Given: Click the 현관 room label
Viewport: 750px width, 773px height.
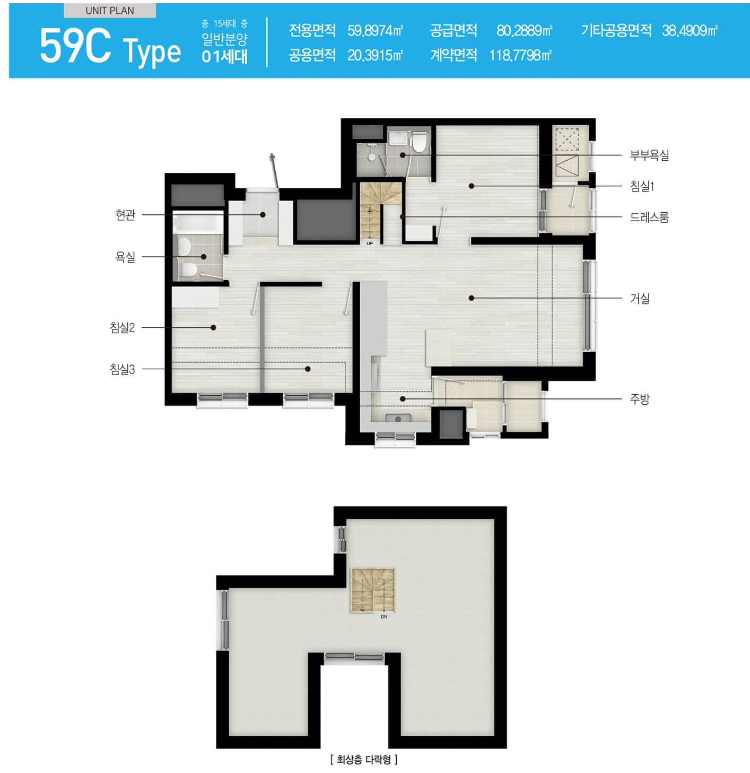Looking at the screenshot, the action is coord(125,215).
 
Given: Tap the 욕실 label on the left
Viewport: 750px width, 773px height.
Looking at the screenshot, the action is coord(125,257).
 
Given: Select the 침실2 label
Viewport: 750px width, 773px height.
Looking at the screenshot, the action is coord(123,328).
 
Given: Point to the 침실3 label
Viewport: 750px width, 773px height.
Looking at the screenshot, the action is coord(123,369).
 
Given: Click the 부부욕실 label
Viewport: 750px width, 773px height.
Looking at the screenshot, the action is coord(649,155).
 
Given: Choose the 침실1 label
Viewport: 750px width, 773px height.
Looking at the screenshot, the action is coord(642,186).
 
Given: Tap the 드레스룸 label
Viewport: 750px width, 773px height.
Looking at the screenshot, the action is coord(649,218).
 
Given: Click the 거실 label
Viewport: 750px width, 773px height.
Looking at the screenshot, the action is coord(640,298).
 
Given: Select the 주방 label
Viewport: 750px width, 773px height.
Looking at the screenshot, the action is coord(640,399).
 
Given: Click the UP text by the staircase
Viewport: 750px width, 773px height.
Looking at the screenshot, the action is coord(370,244).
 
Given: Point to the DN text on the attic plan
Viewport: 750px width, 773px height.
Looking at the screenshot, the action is coord(383,617).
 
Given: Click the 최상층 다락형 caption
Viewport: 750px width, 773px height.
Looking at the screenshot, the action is coord(364,760).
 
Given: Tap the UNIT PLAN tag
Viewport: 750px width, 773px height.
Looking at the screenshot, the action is coord(110,11).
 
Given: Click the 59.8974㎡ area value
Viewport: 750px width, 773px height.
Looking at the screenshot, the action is coord(375,31).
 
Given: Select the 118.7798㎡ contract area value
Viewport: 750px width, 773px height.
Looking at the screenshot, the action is coord(520,55).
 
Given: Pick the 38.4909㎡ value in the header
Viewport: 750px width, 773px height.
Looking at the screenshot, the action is coord(690,31).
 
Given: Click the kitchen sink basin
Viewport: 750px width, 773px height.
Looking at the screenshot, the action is coord(398,418).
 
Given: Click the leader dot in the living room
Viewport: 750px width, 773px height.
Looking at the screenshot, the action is coord(472,298).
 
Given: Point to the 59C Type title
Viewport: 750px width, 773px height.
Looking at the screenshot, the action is coord(110,47).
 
